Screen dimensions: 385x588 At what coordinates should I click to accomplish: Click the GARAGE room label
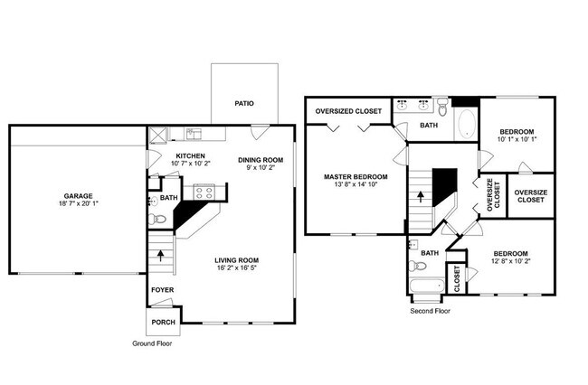[77, 196]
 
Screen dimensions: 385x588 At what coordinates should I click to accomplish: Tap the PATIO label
[243, 104]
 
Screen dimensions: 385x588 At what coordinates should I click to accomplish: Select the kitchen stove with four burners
[203, 192]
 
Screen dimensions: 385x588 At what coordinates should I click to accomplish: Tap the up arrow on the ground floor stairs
[160, 256]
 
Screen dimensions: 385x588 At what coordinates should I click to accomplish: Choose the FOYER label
[162, 290]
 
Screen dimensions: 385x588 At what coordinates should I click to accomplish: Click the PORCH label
[163, 321]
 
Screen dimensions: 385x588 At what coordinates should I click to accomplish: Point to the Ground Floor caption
[151, 344]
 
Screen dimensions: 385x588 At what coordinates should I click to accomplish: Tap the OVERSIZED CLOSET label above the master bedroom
[348, 111]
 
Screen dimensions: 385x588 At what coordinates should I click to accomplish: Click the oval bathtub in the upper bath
[466, 125]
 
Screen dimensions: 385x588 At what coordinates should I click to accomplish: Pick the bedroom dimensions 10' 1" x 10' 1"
[517, 139]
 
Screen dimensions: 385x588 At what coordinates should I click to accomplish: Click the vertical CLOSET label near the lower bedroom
[457, 277]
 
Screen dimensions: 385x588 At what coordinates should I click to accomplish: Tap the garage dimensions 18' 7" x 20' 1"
[77, 204]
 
